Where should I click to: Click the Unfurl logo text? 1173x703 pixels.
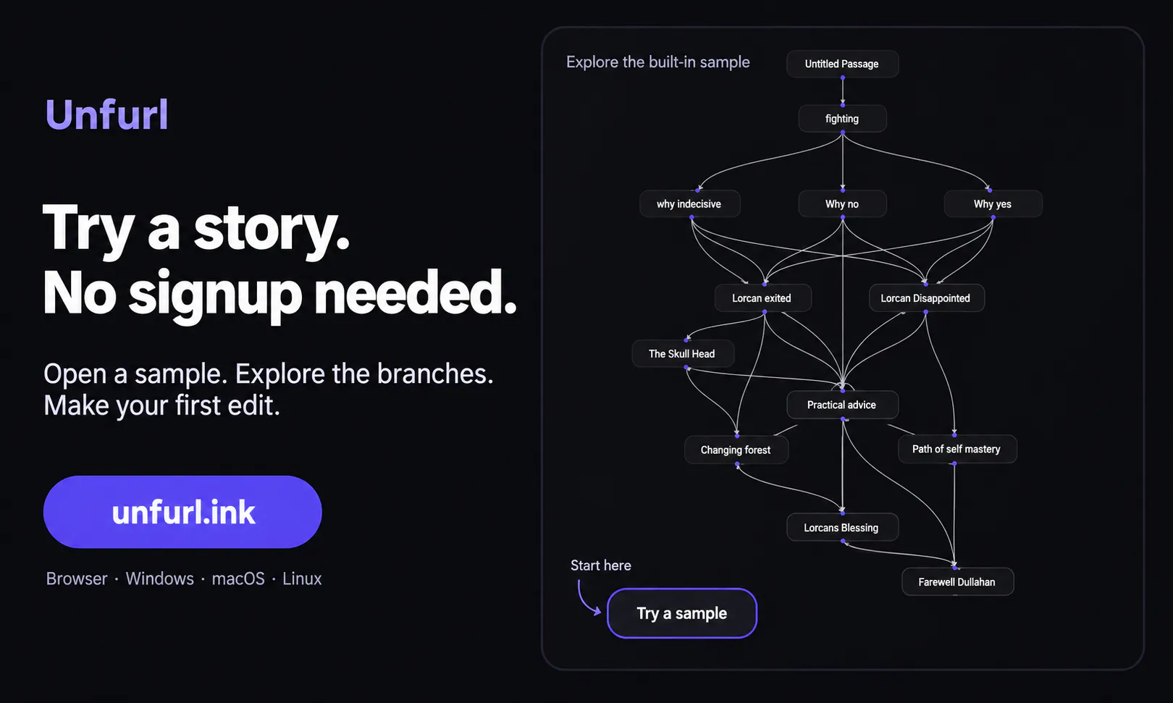pyautogui.click(x=107, y=114)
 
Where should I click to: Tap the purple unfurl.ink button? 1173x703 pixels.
pyautogui.click(x=182, y=512)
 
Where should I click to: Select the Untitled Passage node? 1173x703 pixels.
pyautogui.click(x=842, y=64)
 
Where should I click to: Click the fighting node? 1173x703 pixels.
pyautogui.click(x=842, y=119)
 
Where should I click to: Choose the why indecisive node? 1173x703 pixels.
pyautogui.click(x=689, y=203)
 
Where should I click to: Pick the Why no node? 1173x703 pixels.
pyautogui.click(x=842, y=203)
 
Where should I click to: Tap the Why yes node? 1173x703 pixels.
pyautogui.click(x=993, y=203)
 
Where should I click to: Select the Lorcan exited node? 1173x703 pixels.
pyautogui.click(x=762, y=298)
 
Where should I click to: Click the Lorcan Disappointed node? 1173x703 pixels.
pyautogui.click(x=926, y=298)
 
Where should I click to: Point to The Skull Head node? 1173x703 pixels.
pyautogui.click(x=682, y=354)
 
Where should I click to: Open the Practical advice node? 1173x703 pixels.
pyautogui.click(x=842, y=405)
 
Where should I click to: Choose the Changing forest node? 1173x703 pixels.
pyautogui.click(x=736, y=450)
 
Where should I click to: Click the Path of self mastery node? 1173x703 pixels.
pyautogui.click(x=957, y=449)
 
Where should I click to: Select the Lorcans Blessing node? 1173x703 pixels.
pyautogui.click(x=842, y=527)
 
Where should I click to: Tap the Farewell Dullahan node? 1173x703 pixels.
pyautogui.click(x=957, y=581)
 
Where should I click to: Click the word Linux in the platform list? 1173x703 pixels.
pyautogui.click(x=302, y=578)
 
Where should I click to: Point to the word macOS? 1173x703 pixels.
pyautogui.click(x=238, y=578)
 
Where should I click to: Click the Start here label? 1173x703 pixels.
pyautogui.click(x=601, y=565)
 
